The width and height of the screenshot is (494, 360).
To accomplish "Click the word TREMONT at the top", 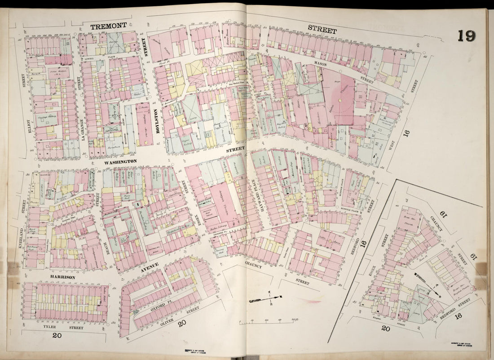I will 108,27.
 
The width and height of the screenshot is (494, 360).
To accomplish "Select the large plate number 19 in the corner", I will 467,36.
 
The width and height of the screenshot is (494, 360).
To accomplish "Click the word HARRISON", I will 62,277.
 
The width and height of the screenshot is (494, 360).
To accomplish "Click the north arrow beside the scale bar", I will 265,298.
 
